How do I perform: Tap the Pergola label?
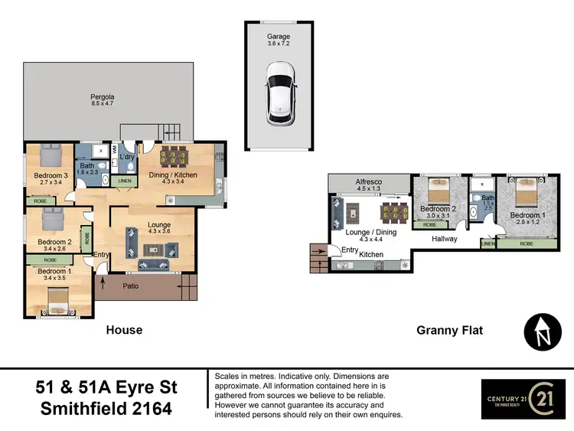pos(101,97)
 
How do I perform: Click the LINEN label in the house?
pos(123,181)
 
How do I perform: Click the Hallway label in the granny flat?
pos(444,239)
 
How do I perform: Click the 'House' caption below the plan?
pos(124,330)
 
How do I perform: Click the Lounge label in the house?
pos(159,224)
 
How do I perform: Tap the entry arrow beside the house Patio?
pos(103,282)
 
